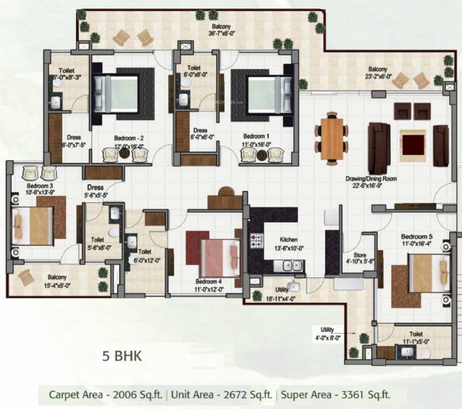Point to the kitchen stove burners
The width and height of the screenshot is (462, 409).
point(257,240)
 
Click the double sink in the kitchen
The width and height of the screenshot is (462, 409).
point(289,265)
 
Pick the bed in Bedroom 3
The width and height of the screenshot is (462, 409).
point(32,225)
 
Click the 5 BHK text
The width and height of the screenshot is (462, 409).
point(122,356)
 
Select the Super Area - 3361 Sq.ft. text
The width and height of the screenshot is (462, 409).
point(335,395)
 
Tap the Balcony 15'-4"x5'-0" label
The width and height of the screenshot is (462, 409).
point(56,281)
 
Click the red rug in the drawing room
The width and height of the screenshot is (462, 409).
point(413,144)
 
